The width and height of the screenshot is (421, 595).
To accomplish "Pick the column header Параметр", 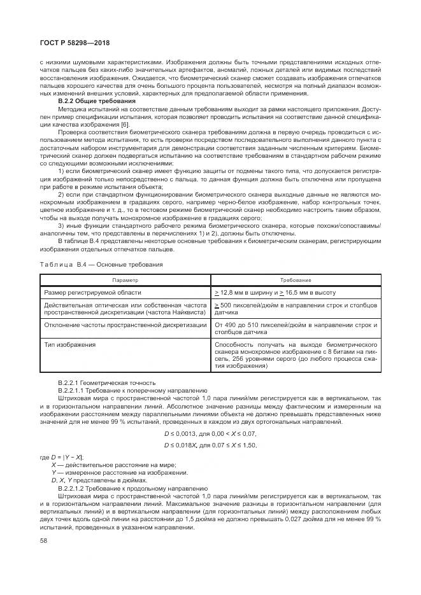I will pyautogui.click(x=125, y=280).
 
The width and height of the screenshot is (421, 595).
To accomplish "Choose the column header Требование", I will pyautogui.click(x=296, y=280).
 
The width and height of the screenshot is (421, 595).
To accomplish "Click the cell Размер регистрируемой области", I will pyautogui.click(x=92, y=292).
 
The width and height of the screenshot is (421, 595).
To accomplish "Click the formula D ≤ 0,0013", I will pyautogui.click(x=210, y=433).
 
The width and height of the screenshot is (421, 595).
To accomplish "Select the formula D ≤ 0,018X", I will pyautogui.click(x=210, y=445).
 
